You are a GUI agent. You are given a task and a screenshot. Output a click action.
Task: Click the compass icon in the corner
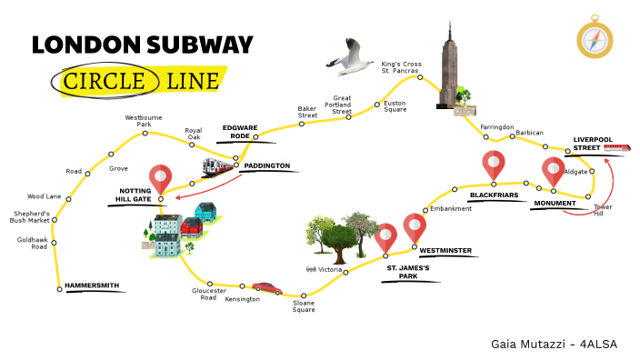click(x=595, y=37)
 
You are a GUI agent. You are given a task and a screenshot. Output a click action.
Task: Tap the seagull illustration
click(x=348, y=62)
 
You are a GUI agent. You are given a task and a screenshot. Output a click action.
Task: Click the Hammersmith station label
click(x=92, y=285)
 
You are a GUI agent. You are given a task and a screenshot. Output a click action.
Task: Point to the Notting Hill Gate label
click(x=135, y=195)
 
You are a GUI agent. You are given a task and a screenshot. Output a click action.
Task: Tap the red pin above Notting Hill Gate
click(x=161, y=179)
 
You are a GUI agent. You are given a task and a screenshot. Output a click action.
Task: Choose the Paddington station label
click(x=268, y=166)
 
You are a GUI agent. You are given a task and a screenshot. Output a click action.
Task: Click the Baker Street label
click(x=307, y=112)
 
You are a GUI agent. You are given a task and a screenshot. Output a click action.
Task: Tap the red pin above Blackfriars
click(x=494, y=165)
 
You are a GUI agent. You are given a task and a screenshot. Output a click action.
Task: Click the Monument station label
click(x=555, y=203)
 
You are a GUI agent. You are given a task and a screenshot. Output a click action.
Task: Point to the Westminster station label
click(x=445, y=250)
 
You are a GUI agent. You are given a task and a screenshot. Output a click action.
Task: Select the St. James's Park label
click(x=407, y=272)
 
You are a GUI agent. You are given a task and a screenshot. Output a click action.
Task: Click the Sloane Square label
click(x=304, y=306)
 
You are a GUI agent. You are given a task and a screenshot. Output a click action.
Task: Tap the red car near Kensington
click(x=266, y=287)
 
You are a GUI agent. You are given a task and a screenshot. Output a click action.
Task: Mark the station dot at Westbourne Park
click(x=145, y=134)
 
